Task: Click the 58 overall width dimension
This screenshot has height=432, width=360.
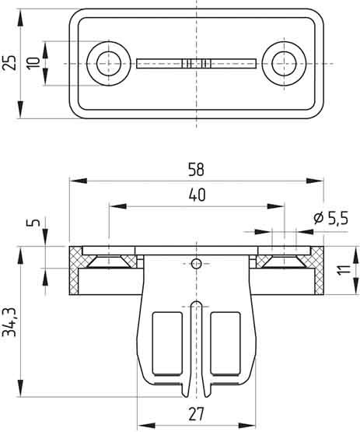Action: pos(196,170)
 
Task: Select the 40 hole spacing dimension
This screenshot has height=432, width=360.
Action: pos(197,195)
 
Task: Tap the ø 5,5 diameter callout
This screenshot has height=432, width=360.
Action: pos(330,218)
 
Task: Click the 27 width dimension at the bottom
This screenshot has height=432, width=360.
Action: pos(197,414)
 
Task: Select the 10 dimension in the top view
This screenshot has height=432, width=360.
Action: pos(33,63)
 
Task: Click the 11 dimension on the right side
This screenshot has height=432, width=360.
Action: pos(344,270)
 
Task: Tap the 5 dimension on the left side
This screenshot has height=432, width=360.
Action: pos(33,222)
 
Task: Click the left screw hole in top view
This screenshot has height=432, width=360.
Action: pos(109,63)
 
